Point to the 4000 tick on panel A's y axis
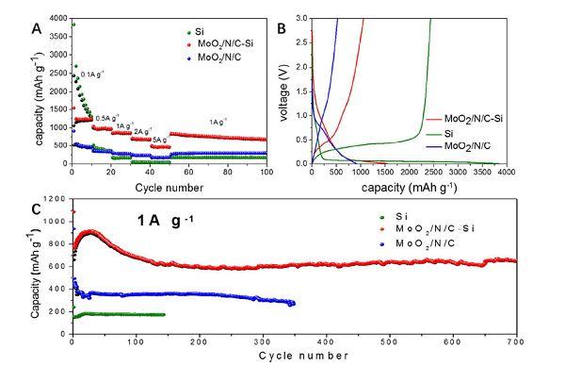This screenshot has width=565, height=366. click(x=59, y=18)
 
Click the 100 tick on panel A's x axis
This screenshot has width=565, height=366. click(x=267, y=172)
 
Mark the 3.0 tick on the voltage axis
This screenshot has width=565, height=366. click(x=301, y=17)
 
